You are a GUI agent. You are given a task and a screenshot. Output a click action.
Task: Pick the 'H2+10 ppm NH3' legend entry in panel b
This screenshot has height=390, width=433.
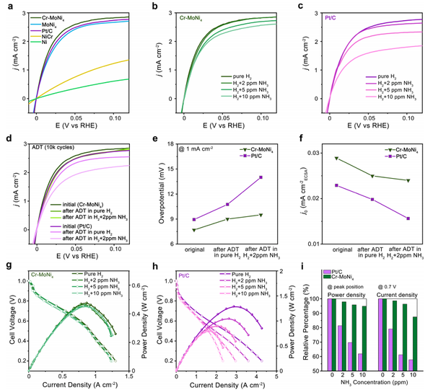click(245, 97)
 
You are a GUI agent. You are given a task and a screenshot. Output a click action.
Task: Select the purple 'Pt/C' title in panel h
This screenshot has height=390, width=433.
click(185, 275)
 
